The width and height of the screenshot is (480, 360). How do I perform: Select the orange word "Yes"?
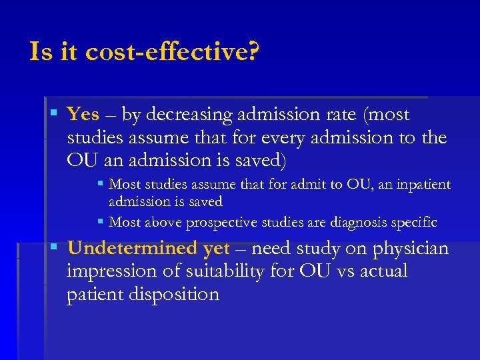pyautogui.click(x=83, y=115)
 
